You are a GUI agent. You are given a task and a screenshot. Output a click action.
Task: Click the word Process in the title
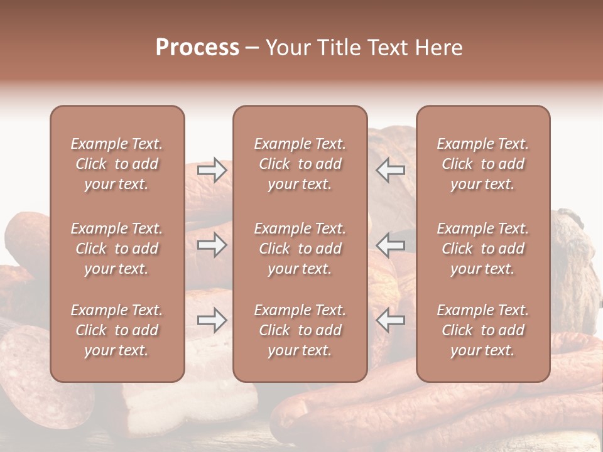tap(197, 48)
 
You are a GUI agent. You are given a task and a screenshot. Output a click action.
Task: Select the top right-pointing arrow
tap(212, 170)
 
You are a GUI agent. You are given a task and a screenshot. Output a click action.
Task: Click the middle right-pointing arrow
tap(212, 245)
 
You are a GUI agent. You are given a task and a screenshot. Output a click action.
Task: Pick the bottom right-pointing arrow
tap(212, 320)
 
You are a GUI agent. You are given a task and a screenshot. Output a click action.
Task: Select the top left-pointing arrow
tap(390, 170)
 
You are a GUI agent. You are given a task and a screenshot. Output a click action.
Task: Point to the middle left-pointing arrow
tap(390, 245)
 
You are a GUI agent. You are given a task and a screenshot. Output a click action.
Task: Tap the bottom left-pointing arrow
tap(390, 320)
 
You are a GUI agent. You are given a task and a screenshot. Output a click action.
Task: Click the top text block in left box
tap(117, 164)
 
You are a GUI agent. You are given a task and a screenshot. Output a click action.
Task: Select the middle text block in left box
tap(117, 249)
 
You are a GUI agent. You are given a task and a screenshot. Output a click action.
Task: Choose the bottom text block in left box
tap(117, 330)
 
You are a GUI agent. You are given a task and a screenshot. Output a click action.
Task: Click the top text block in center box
tap(300, 164)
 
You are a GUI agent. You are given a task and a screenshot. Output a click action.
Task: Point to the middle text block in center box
tap(300, 249)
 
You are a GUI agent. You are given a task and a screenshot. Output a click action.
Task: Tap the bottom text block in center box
tap(300, 330)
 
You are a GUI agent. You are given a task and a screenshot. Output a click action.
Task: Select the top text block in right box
tap(483, 164)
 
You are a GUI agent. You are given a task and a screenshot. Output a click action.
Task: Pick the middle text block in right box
tap(483, 249)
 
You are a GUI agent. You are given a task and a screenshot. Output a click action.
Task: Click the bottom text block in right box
tap(483, 330)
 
